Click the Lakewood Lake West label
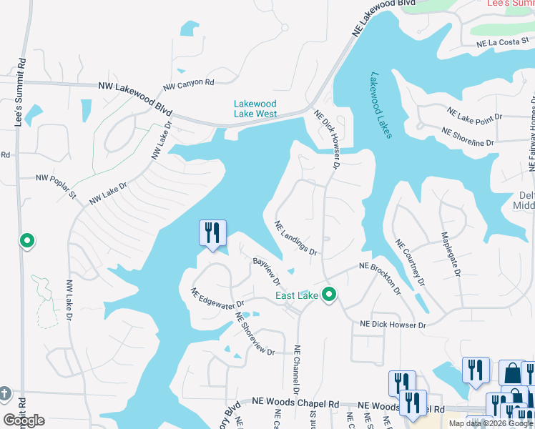pyautogui.click(x=255, y=109)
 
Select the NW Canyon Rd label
pyautogui.click(x=189, y=84)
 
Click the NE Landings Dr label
pyautogui.click(x=296, y=237)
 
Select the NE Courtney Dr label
pyautogui.click(x=406, y=261)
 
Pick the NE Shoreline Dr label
pyautogui.click(x=468, y=137)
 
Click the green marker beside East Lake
pyautogui.click(x=329, y=293)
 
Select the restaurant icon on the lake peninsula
pyautogui.click(x=212, y=232)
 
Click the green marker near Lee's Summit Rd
pyautogui.click(x=27, y=242)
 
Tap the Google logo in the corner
pyautogui.click(x=24, y=420)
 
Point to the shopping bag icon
pyautogui.click(x=511, y=372)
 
